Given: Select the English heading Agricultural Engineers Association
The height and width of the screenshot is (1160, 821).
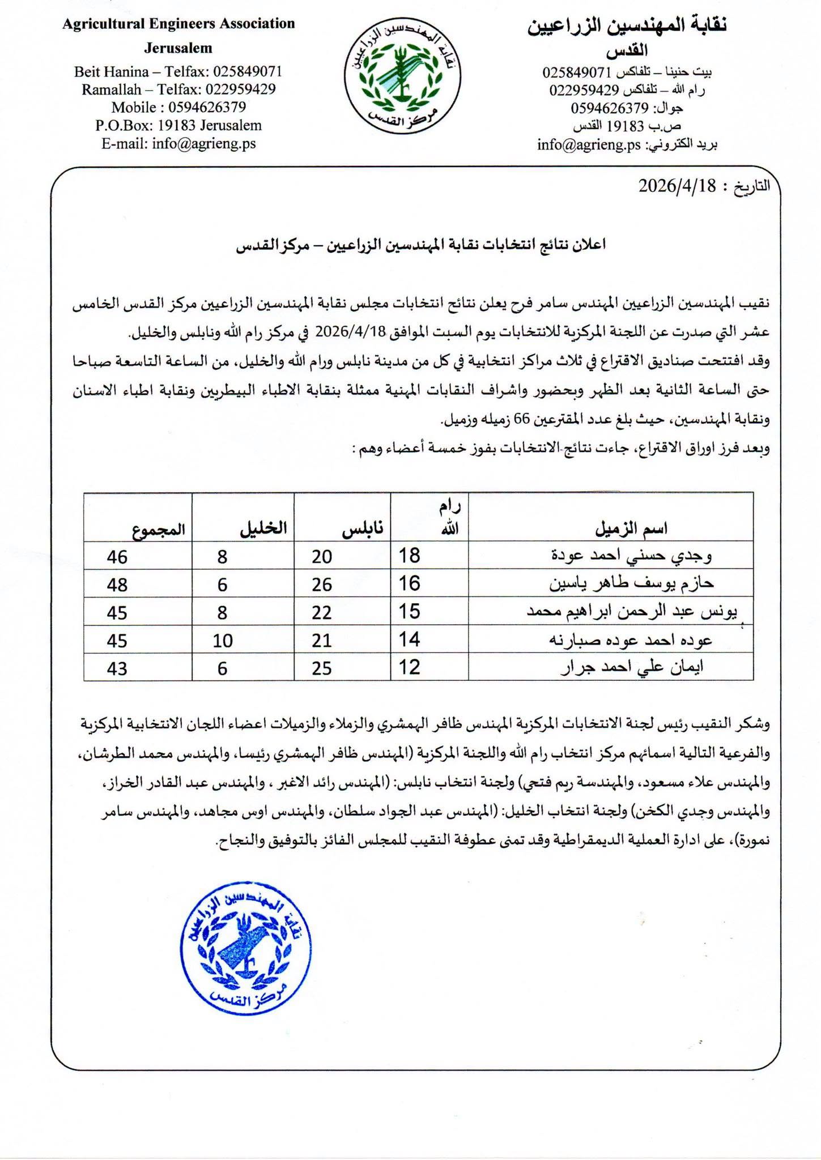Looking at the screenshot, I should [178, 24].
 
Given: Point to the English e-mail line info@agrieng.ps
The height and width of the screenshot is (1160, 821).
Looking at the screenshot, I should [178, 143].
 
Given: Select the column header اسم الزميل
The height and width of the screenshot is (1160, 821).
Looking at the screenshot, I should [631, 529].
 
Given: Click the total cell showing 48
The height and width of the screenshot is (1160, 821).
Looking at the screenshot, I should [117, 585].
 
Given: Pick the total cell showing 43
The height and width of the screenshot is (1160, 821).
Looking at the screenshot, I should [117, 668].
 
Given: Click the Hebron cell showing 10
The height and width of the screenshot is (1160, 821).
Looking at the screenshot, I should [223, 641].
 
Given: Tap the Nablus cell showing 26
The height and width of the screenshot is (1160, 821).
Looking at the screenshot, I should [321, 585].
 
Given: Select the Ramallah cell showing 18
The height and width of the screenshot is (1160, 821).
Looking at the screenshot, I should [409, 556].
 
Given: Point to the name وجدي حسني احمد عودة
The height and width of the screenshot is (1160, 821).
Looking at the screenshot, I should [631, 556].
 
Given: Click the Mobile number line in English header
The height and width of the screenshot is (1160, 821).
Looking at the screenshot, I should [178, 107].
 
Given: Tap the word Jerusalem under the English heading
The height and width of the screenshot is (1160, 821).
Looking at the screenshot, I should [178, 48].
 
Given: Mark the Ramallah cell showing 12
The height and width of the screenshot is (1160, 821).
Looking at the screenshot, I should [409, 668].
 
